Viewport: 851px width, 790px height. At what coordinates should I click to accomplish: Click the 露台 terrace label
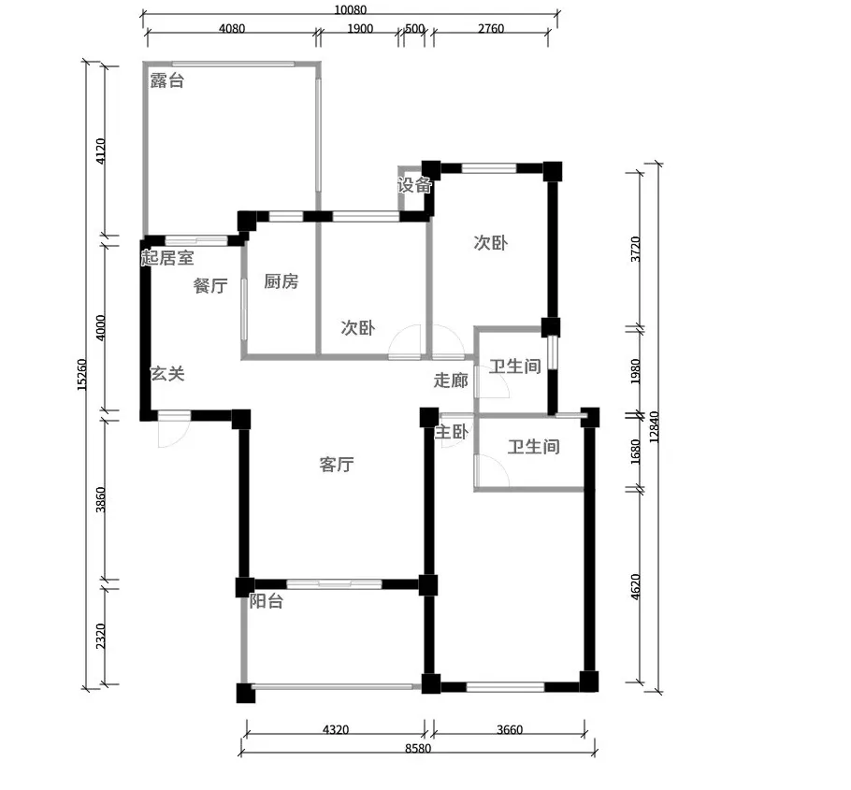click(167, 80)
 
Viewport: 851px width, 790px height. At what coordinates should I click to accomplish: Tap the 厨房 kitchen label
click(281, 281)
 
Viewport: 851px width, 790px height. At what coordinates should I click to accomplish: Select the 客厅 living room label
click(337, 465)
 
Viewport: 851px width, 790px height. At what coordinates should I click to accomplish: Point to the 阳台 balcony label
click(266, 601)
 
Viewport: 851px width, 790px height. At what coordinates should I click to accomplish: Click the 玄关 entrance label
click(167, 374)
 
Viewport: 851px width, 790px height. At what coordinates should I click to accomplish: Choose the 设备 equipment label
click(414, 185)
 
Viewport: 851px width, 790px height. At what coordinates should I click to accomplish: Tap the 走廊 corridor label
click(451, 381)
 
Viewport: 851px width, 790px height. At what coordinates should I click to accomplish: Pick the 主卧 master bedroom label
click(452, 433)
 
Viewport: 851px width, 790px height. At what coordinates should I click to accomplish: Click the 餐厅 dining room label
click(210, 285)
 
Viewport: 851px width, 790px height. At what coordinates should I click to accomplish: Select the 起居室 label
click(167, 257)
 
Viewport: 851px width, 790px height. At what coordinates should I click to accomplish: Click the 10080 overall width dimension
click(350, 9)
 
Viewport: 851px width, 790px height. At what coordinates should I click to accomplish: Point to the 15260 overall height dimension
click(81, 374)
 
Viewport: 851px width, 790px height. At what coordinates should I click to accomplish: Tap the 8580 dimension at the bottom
click(418, 749)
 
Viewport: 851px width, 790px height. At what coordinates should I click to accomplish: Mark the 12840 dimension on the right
click(654, 427)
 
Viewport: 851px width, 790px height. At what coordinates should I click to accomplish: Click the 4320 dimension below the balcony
click(336, 730)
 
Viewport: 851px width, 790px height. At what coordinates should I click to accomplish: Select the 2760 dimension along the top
click(491, 28)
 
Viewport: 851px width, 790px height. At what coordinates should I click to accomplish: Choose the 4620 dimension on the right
click(636, 586)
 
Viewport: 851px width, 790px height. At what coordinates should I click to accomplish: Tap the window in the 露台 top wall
click(232, 64)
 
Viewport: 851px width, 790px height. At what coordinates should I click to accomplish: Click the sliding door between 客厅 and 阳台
click(335, 584)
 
